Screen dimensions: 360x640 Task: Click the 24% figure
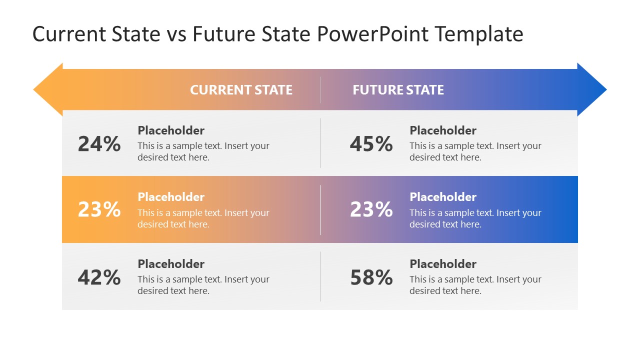99,144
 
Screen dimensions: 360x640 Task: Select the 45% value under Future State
371,144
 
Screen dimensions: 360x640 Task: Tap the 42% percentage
99,277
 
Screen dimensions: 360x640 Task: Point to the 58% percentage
371,277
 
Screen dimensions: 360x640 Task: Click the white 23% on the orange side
99,209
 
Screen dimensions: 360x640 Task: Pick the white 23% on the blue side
371,209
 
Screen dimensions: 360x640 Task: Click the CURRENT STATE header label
241,90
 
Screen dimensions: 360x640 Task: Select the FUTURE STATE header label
398,90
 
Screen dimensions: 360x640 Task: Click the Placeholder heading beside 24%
171,130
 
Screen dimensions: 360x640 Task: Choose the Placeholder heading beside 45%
443,130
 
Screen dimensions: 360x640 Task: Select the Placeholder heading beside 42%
171,264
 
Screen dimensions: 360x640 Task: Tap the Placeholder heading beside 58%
443,264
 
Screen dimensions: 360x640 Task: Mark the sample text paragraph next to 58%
475,285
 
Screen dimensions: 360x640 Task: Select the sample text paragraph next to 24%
203,151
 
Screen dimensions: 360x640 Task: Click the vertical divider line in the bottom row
320,276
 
